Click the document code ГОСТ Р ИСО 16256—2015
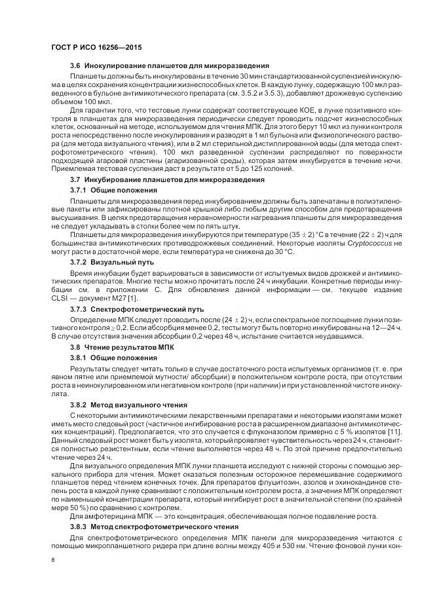pyautogui.click(x=94, y=48)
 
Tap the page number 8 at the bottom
pyautogui.click(x=52, y=560)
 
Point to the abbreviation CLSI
pyautogui.click(x=61, y=298)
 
